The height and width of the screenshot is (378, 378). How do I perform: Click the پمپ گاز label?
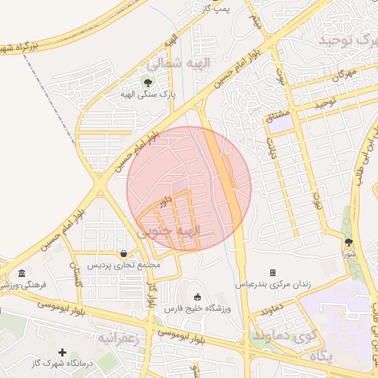[218, 8]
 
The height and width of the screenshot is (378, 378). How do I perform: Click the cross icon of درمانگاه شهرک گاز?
[63, 353]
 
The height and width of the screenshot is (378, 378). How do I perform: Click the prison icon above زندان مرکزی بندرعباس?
[272, 272]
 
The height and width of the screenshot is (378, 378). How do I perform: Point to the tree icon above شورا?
[348, 241]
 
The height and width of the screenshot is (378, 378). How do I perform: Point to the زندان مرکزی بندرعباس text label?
[273, 283]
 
